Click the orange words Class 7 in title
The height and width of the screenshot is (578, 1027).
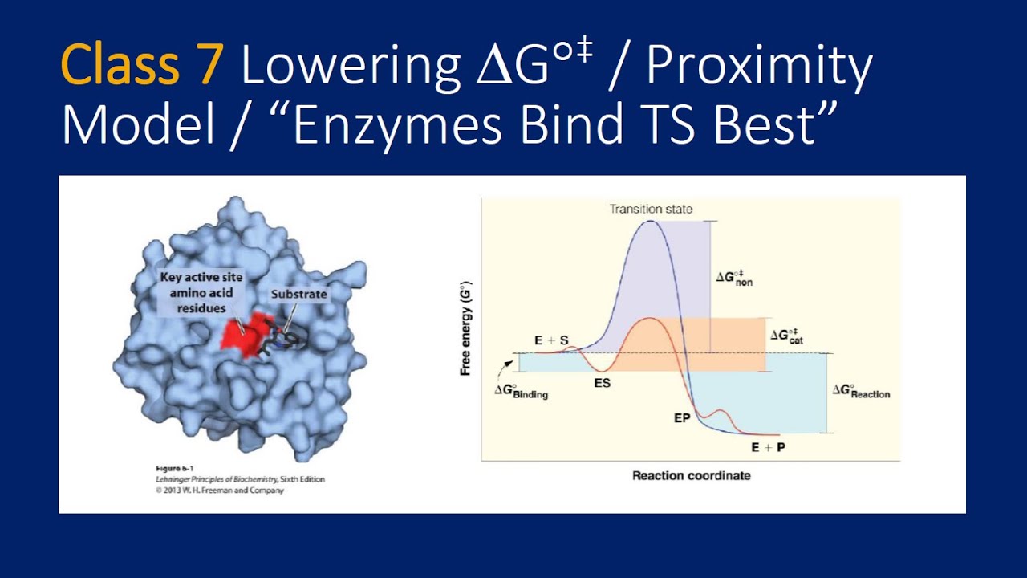point(141,68)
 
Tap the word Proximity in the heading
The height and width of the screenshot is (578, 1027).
point(759,68)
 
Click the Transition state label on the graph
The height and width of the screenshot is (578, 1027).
point(651,210)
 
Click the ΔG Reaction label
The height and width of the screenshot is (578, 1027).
point(860,391)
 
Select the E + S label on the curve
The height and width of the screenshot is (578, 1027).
point(551,340)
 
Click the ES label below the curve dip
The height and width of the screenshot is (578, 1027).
point(602,383)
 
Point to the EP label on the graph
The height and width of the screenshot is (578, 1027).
point(682,418)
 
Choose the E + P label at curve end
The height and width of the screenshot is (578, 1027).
point(768,447)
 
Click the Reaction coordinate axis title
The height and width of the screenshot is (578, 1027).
point(691,475)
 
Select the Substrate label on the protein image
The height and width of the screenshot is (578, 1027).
point(298,294)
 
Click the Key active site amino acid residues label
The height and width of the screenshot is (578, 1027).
point(201,291)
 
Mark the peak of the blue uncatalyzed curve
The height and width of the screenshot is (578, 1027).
point(651,222)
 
